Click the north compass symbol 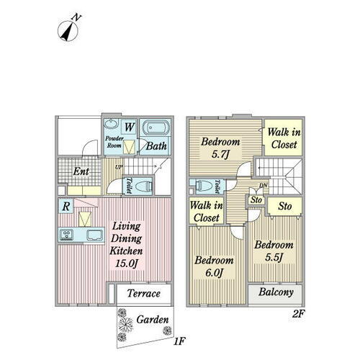click(x=68, y=30)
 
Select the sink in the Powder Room click(x=112, y=125)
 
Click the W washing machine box click(x=129, y=127)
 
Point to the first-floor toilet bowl click(x=144, y=186)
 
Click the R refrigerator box click(x=66, y=206)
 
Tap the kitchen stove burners click(x=67, y=235)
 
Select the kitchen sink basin click(x=95, y=235)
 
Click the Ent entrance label click(x=81, y=171)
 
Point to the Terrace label click(x=143, y=293)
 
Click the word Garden click(x=153, y=320)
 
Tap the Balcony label click(x=276, y=292)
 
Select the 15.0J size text click(x=126, y=264)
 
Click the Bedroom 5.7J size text click(x=220, y=154)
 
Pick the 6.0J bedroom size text click(x=214, y=273)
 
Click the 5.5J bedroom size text click(x=274, y=257)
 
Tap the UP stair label click(x=119, y=167)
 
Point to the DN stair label click(x=264, y=185)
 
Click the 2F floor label click(x=298, y=314)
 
